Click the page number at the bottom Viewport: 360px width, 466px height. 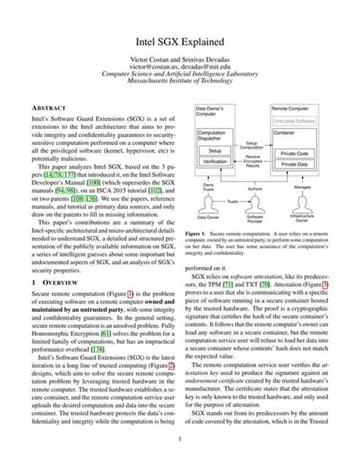180,439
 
